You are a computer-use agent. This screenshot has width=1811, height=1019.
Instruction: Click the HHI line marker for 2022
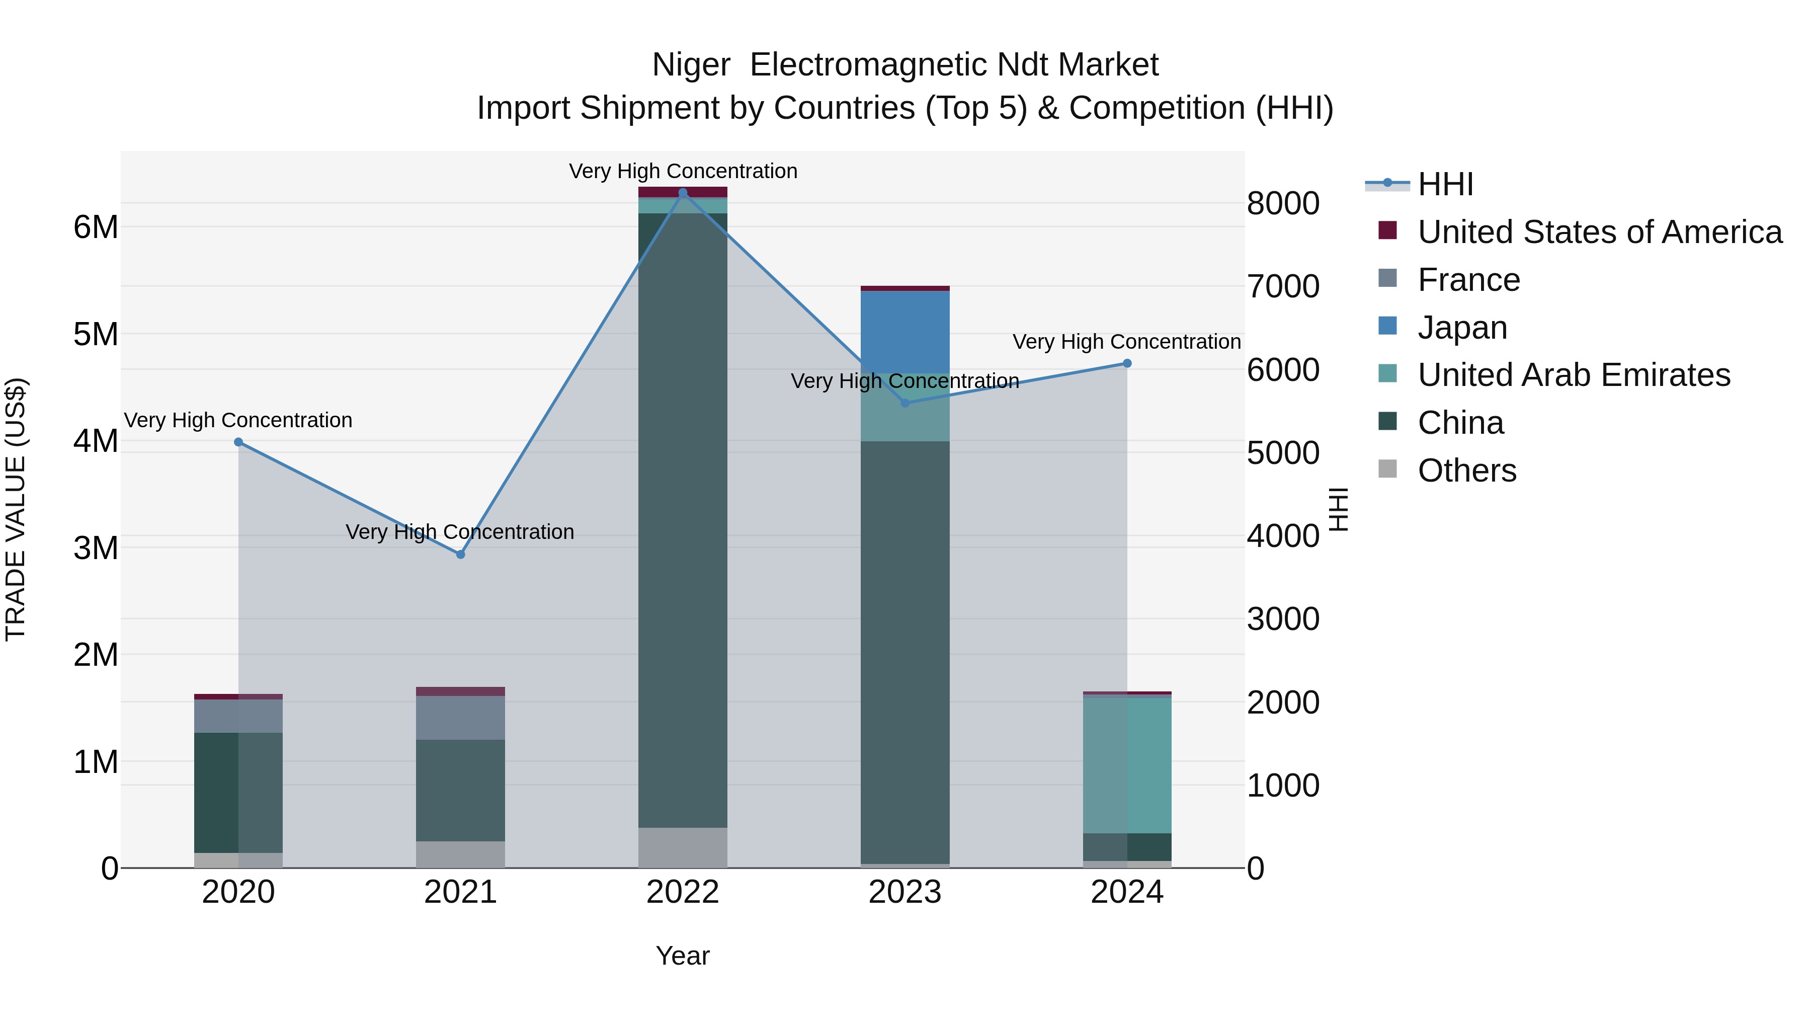pyautogui.click(x=683, y=193)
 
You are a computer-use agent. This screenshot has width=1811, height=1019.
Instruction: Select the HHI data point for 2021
pyautogui.click(x=460, y=554)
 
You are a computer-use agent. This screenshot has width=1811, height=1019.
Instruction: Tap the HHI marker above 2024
pyautogui.click(x=1127, y=364)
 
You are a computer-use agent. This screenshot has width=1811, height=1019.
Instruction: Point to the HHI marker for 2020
pyautogui.click(x=238, y=442)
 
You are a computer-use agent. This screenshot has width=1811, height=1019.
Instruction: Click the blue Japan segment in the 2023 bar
pyautogui.click(x=905, y=331)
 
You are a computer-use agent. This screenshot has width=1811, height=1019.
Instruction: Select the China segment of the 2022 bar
pyautogui.click(x=683, y=520)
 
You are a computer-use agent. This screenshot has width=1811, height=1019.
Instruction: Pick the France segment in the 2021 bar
pyautogui.click(x=460, y=717)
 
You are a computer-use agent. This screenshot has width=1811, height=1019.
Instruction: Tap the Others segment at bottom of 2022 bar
pyautogui.click(x=683, y=847)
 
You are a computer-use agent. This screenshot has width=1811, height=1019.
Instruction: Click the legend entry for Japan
pyautogui.click(x=1462, y=328)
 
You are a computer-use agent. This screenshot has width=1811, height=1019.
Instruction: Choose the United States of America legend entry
pyautogui.click(x=1599, y=232)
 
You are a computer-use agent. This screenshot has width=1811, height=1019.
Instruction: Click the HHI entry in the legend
pyautogui.click(x=1445, y=184)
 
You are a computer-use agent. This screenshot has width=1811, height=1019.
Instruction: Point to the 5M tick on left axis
pyautogui.click(x=96, y=334)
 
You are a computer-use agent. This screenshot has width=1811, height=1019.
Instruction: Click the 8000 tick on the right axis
pyautogui.click(x=1283, y=203)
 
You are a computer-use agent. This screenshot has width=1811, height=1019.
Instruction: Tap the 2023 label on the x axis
pyautogui.click(x=905, y=892)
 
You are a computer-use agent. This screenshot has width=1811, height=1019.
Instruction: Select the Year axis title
pyautogui.click(x=683, y=956)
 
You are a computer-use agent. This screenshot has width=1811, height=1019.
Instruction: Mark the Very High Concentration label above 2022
pyautogui.click(x=683, y=171)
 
